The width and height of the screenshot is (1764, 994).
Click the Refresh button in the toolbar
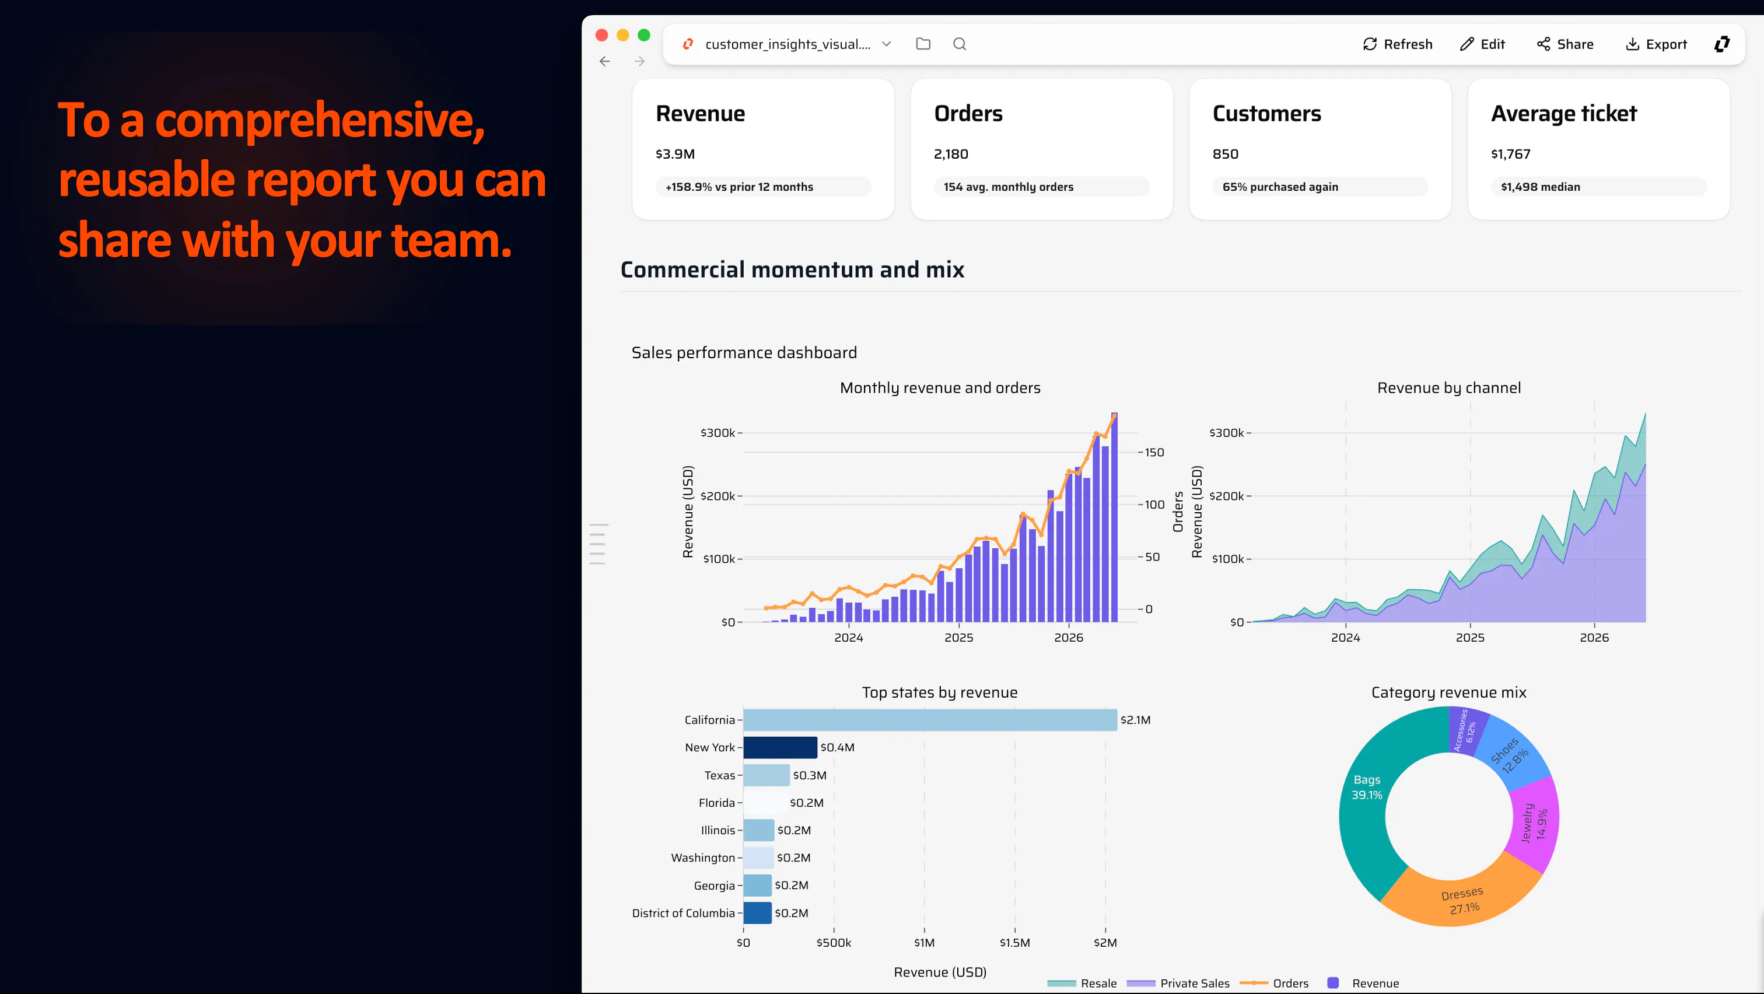click(x=1398, y=44)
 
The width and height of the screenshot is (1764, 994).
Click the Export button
click(x=1656, y=44)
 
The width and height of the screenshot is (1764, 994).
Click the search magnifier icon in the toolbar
click(x=960, y=44)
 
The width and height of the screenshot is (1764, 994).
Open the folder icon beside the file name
click(x=923, y=44)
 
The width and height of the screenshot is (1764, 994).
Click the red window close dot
click(x=602, y=35)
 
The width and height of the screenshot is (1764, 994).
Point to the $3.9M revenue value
click(x=675, y=154)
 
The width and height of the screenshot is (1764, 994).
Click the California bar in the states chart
click(x=930, y=719)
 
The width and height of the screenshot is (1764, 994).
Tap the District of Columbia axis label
click(x=682, y=914)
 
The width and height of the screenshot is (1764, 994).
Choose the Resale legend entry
click(x=1082, y=983)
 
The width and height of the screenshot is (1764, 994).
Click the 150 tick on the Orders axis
click(x=1154, y=453)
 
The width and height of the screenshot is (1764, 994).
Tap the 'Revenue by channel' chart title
click(x=1449, y=388)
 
